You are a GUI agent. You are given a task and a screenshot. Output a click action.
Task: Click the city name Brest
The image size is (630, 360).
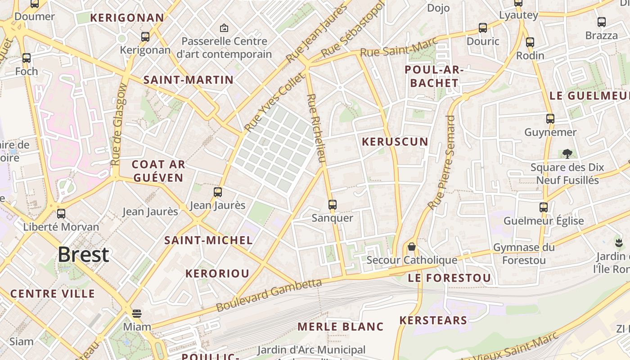83,255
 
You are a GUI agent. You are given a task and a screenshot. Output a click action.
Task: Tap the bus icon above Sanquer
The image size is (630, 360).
333,205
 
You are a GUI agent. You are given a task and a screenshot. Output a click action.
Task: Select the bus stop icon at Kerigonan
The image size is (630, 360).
145,37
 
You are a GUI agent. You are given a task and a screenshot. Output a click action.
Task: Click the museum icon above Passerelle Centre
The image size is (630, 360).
224,28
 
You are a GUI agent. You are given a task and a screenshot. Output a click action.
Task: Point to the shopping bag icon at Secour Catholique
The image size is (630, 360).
411,247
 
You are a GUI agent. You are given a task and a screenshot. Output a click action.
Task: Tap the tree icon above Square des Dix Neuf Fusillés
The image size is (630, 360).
567,154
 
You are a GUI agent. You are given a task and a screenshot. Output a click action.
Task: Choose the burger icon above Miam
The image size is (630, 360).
137,313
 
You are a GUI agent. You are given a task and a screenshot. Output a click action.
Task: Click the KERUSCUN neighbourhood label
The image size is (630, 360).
395,142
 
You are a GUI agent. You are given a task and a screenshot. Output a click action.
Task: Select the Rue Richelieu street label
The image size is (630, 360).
316,128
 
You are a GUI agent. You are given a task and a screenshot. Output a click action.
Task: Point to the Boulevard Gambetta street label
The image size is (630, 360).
269,295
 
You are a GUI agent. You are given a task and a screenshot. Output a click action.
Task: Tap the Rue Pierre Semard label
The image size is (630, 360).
441,162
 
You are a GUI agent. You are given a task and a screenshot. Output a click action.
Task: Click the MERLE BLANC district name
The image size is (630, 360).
341,327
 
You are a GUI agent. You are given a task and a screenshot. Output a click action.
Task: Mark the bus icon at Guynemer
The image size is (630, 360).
550,119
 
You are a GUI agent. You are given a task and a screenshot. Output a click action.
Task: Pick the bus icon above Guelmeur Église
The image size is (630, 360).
544,207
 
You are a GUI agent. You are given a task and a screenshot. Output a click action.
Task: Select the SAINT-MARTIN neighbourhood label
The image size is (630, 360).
188,80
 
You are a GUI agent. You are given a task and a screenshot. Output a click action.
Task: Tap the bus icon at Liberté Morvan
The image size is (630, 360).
61,214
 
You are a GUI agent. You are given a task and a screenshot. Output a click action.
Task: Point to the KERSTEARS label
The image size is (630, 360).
433,320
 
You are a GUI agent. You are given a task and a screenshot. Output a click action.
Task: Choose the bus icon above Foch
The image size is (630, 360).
27,58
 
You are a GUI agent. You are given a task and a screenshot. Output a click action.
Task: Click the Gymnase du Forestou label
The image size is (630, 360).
524,254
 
